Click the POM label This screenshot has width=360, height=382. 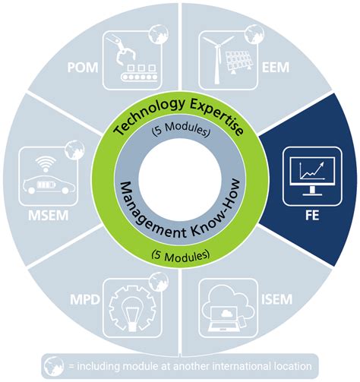pos(83,68)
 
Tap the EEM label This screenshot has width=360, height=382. pos(276,68)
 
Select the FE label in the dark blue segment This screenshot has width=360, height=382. pos(312,216)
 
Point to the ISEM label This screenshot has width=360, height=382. pos(276,299)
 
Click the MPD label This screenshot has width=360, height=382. pos(85,299)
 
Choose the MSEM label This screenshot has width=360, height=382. pos(49,216)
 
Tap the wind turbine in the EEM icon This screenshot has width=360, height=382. pos(217,59)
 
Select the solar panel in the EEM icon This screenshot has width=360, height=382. pos(238,62)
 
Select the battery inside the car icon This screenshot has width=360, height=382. pos(46,185)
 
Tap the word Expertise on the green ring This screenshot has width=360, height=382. pos(217,116)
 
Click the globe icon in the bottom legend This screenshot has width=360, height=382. pos(54,366)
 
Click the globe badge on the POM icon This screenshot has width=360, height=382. pos(159,34)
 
